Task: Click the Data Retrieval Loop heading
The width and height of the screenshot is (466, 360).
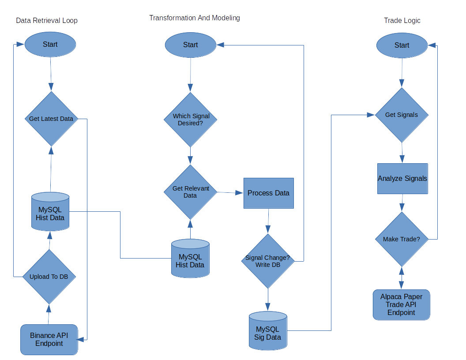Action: tap(47, 21)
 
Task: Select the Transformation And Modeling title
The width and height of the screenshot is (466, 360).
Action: tap(195, 18)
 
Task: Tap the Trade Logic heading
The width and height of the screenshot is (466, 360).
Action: tap(402, 21)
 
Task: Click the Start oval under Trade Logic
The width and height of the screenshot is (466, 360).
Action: tap(402, 45)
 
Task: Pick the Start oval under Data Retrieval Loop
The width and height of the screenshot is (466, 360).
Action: tap(50, 45)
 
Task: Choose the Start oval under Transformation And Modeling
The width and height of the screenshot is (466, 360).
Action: tap(191, 45)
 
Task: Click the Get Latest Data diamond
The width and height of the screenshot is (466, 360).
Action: tap(51, 119)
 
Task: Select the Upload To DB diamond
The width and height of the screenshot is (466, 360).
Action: tap(49, 277)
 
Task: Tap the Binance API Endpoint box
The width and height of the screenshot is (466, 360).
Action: tap(49, 339)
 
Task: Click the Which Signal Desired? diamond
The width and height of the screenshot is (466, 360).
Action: tap(191, 120)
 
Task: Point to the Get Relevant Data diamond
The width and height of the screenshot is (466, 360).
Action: tap(191, 192)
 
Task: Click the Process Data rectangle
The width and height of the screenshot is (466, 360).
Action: tap(268, 193)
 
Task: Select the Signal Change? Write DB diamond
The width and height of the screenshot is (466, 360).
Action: tap(267, 261)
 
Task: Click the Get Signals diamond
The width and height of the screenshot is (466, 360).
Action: tap(401, 115)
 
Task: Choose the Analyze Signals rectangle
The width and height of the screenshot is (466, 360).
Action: tap(402, 179)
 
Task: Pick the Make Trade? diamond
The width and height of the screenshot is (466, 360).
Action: tap(402, 239)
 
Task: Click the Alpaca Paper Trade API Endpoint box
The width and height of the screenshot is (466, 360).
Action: tap(401, 304)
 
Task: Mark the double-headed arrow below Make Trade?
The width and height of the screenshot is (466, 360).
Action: tap(402, 278)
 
